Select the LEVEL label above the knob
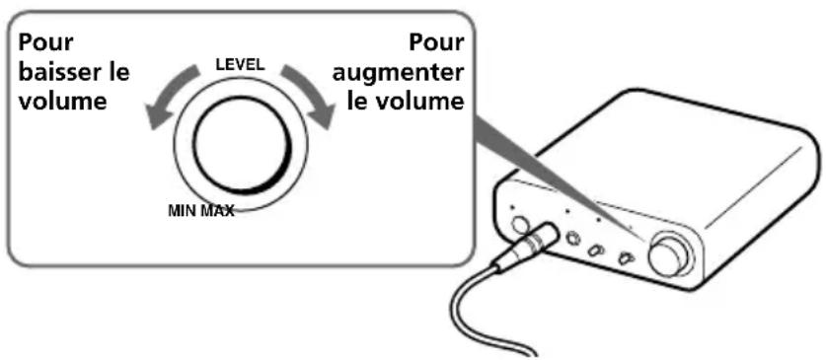[x=241, y=64]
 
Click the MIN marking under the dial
[x=183, y=210]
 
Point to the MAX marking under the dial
[x=217, y=210]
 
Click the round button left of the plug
[x=520, y=224]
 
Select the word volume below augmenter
[x=424, y=102]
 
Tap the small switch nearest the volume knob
[x=626, y=258]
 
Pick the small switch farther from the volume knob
[x=596, y=250]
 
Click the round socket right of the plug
[x=572, y=237]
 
